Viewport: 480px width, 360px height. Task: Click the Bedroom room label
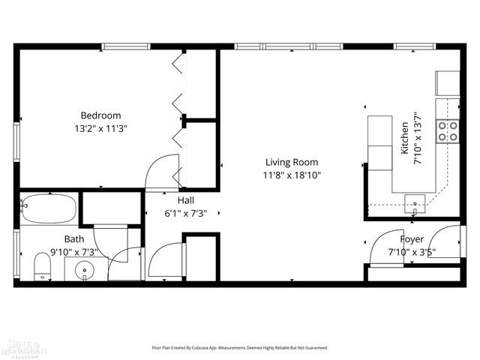(x=100, y=115)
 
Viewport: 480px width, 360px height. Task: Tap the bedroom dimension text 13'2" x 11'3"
(x=100, y=128)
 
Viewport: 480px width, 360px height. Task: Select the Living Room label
(x=291, y=162)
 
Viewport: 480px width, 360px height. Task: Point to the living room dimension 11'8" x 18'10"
(x=291, y=175)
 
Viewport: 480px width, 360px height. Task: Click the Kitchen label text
(x=405, y=138)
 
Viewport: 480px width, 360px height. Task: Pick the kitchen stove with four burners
(x=448, y=131)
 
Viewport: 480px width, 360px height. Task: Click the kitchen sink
(x=414, y=201)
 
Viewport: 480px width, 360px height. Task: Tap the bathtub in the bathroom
(x=48, y=208)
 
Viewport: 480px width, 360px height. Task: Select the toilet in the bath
(x=43, y=265)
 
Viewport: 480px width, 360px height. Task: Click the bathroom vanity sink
(x=85, y=269)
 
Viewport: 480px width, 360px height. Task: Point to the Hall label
(x=186, y=200)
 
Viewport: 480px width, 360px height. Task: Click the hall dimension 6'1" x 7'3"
(x=186, y=213)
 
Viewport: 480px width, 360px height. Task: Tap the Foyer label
(x=411, y=239)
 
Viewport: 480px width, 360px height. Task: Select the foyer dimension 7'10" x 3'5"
(x=411, y=252)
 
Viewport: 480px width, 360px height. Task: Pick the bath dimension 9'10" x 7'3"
(x=73, y=252)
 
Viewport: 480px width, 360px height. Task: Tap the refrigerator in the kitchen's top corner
(x=448, y=83)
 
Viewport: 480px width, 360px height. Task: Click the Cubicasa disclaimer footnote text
(x=240, y=348)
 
